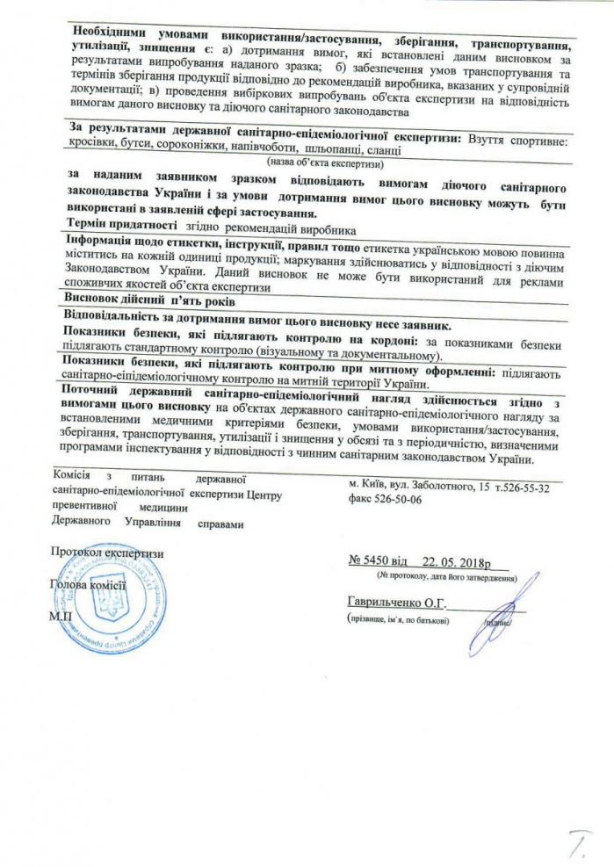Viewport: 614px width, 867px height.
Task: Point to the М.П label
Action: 62,617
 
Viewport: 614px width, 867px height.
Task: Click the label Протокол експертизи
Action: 107,553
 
